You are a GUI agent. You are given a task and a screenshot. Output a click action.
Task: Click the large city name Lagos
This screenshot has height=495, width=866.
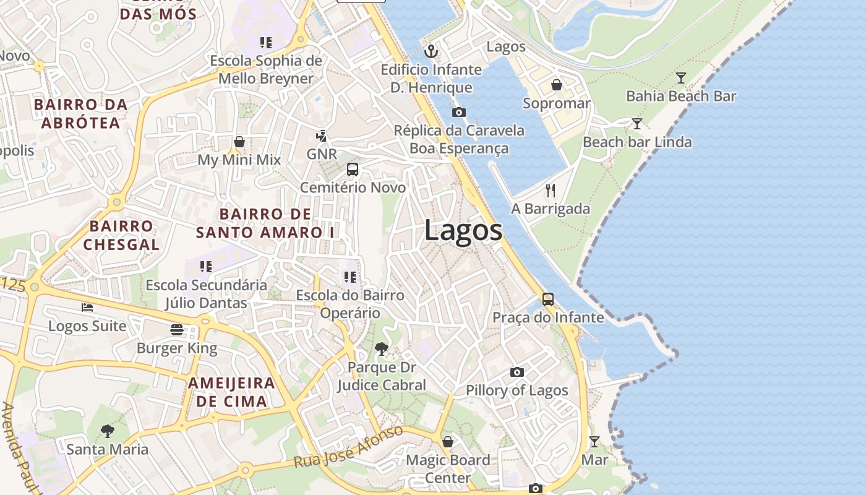coord(463,231)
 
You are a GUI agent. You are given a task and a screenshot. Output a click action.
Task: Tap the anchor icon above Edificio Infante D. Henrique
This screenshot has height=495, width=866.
coord(431,51)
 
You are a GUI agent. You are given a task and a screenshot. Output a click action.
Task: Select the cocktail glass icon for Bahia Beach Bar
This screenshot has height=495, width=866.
coord(681,78)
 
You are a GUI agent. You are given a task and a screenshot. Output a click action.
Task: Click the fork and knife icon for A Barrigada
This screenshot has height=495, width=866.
coord(551,191)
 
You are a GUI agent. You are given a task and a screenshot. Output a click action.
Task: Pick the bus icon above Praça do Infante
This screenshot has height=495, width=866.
coord(548,299)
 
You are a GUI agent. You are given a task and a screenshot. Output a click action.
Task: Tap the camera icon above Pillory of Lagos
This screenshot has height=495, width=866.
coord(517,372)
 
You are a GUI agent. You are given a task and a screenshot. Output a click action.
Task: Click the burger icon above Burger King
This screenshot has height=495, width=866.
coord(177,330)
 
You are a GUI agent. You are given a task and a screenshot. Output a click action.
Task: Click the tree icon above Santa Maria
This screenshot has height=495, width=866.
coord(108,431)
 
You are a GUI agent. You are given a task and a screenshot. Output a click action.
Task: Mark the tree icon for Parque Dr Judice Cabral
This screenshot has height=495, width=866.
coord(382,349)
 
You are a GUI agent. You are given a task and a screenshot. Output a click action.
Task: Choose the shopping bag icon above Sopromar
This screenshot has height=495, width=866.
coord(557,85)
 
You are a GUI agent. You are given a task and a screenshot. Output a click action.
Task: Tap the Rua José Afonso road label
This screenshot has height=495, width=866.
coord(348,447)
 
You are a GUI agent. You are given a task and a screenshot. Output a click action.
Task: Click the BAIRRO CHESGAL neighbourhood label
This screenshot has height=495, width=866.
coord(121,235)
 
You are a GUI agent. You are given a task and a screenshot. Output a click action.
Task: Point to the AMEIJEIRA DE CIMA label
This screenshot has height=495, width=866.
coord(231,392)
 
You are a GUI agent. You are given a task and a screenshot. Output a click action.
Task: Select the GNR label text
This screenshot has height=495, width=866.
coord(322,153)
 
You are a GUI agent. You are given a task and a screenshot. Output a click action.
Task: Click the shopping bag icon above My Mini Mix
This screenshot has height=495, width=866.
coord(239,142)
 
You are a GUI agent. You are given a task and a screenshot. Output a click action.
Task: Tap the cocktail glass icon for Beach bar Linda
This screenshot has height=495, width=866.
coord(637,124)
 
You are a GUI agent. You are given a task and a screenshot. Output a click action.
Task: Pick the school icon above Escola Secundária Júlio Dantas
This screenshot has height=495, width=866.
coord(206,267)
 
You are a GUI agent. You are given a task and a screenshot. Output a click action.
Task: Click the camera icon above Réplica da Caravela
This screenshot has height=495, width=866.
coord(459,113)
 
